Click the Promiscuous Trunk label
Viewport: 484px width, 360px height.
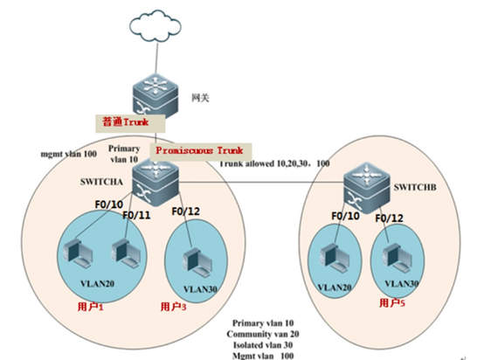coord(200,150)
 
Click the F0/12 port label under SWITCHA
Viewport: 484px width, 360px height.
coord(187,211)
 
